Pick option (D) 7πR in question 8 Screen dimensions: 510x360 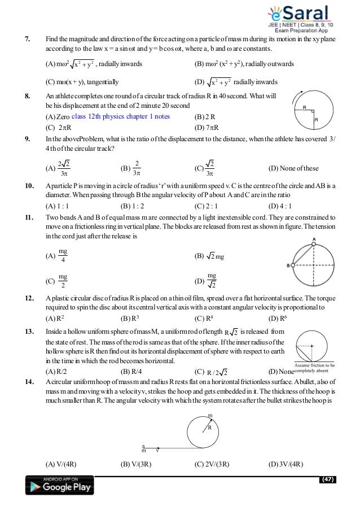[206, 127]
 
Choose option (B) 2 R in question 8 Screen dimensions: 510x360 [205, 116]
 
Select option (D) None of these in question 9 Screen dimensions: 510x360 [294, 168]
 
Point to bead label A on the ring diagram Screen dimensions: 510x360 [314, 239]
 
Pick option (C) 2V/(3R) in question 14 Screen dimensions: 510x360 [211, 464]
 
